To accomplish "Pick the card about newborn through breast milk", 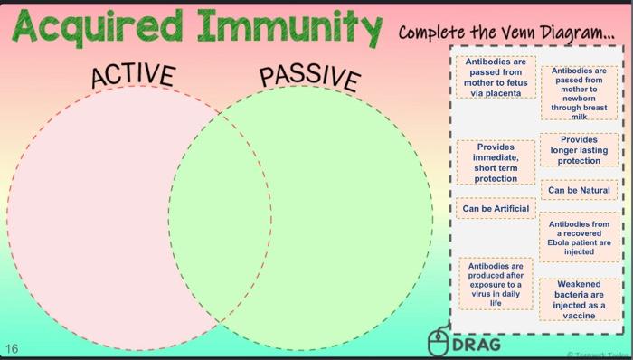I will (579, 92).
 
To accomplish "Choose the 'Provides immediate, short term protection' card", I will (496, 163).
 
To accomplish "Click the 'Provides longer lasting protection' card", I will (579, 151).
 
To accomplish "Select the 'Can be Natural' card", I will (579, 191).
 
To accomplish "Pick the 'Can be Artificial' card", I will (495, 209).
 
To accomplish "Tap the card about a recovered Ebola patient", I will (579, 238).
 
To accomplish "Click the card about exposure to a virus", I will (495, 284).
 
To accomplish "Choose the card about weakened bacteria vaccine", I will (579, 299).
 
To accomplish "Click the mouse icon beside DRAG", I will (438, 342).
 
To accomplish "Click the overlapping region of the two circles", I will (220, 217).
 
